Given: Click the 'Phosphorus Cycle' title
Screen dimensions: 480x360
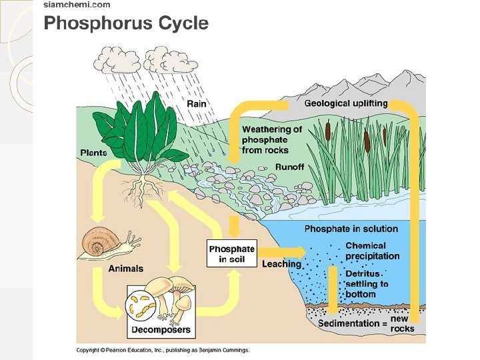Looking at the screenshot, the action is [126, 24].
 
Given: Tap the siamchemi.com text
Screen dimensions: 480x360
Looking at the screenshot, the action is [77, 5].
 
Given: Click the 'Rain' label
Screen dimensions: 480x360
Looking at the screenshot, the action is [196, 103].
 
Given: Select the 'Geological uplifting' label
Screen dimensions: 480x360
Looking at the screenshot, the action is [345, 103].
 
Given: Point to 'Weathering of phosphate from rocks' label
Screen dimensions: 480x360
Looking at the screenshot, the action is [271, 140].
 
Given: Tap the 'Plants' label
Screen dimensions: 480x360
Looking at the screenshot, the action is [94, 153].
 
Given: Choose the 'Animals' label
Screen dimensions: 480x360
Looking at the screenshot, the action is [125, 269].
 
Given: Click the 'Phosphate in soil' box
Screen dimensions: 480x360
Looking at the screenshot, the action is [232, 254].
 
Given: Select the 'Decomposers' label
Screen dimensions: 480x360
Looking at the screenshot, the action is [161, 329].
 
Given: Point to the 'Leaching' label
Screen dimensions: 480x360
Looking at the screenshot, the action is [281, 264].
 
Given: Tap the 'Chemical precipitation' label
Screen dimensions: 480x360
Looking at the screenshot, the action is [372, 251].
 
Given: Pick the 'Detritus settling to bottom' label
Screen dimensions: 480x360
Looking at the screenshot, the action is [367, 284].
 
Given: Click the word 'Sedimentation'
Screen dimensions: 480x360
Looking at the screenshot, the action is [348, 324].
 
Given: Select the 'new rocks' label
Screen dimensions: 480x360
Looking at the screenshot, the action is [402, 324].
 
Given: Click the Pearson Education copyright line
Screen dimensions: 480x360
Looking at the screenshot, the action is [163, 350].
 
